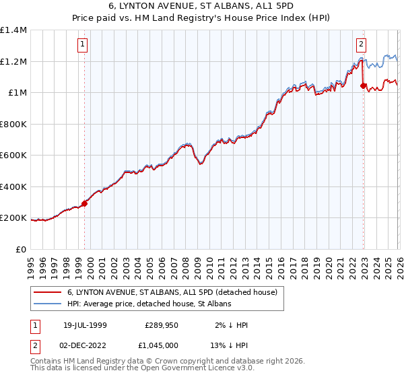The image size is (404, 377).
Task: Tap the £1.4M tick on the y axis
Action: (13, 30)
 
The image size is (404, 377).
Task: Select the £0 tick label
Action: (22, 249)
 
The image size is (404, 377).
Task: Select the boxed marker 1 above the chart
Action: (83, 45)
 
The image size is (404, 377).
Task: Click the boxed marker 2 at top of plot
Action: (361, 45)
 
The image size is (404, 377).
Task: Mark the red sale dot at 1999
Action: (85, 203)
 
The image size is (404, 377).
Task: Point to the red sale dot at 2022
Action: (364, 85)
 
